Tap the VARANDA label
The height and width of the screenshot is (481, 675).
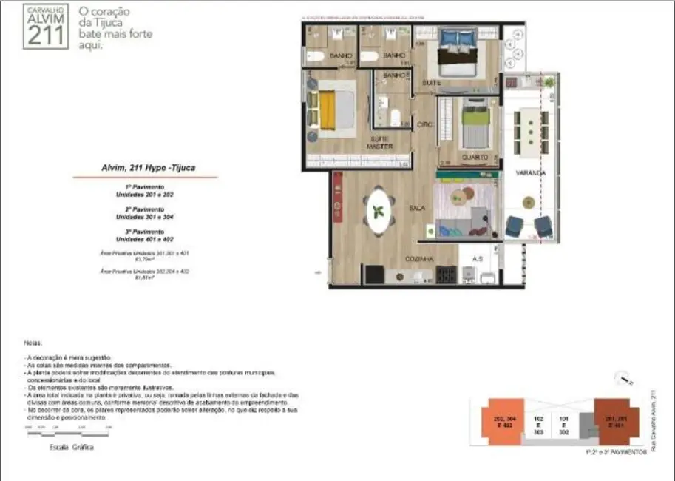pyautogui.click(x=531, y=173)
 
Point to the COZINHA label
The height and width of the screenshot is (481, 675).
pyautogui.click(x=418, y=259)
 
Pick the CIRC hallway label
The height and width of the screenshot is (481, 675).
pyautogui.click(x=424, y=124)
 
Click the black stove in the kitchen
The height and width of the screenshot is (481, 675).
pyautogui.click(x=445, y=275)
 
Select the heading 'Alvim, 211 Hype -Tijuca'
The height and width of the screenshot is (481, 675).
pyautogui.click(x=144, y=168)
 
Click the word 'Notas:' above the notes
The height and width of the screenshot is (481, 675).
pyautogui.click(x=33, y=343)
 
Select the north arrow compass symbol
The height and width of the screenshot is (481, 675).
pyautogui.click(x=625, y=381)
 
